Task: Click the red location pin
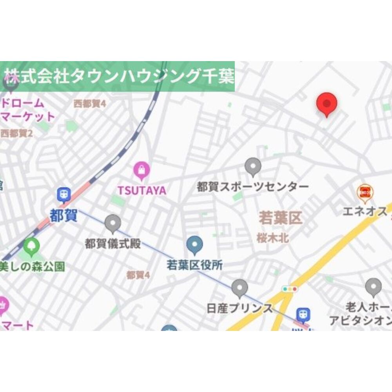[327, 103]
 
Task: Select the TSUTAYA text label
[142, 190]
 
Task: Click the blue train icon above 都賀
[64, 194]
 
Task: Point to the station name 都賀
[63, 215]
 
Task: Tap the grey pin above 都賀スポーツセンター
[253, 166]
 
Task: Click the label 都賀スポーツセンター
[253, 187]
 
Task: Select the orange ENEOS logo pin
[365, 192]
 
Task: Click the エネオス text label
[365, 212]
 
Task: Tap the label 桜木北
[273, 238]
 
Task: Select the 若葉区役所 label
[194, 265]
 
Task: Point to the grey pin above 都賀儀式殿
[113, 223]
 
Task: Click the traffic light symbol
[290, 289]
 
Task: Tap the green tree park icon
[31, 246]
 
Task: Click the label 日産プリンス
[240, 308]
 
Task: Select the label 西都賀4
[90, 104]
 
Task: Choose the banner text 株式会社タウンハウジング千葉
[119, 76]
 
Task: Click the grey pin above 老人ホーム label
[373, 287]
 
